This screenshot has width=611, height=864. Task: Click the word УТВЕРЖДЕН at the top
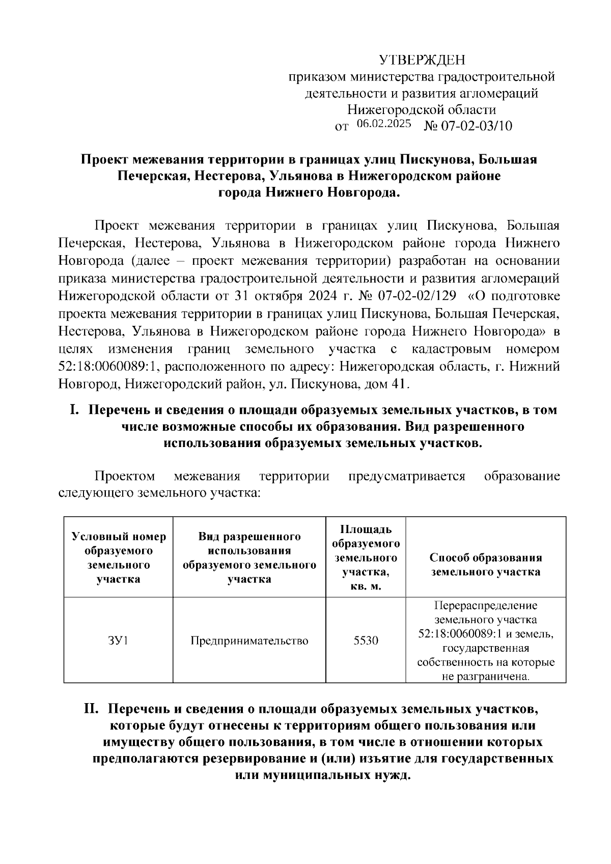(422, 61)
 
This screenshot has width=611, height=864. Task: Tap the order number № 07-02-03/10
(468, 126)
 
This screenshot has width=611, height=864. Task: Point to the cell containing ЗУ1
(118, 640)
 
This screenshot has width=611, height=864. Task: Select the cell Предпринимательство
(249, 640)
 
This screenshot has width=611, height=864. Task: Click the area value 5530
(366, 640)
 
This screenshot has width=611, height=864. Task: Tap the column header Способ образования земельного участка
(485, 565)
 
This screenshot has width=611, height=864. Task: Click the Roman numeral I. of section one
(75, 410)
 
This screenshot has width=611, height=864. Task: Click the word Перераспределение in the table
(485, 606)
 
